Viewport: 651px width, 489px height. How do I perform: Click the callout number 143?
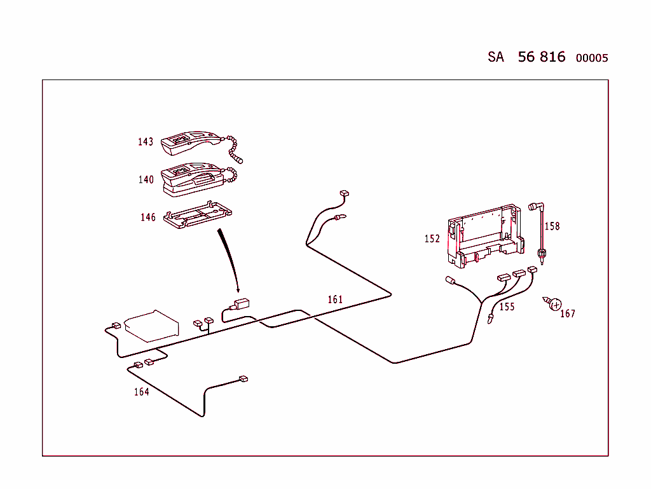pyautogui.click(x=146, y=142)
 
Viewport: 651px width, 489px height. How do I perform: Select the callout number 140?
pyautogui.click(x=146, y=180)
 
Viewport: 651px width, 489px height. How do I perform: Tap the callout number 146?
pyautogui.click(x=148, y=217)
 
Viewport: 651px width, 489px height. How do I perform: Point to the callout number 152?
pyautogui.click(x=432, y=239)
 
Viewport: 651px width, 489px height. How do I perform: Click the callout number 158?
pyautogui.click(x=552, y=226)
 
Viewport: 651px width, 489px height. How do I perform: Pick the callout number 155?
pyautogui.click(x=507, y=307)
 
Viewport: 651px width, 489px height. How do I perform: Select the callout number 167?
pyautogui.click(x=567, y=313)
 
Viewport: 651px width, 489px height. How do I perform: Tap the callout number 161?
pyautogui.click(x=335, y=300)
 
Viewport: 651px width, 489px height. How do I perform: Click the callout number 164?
pyautogui.click(x=141, y=392)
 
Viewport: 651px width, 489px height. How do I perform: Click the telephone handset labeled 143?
pyautogui.click(x=191, y=144)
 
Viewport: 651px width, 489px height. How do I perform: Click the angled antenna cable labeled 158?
pyautogui.click(x=540, y=232)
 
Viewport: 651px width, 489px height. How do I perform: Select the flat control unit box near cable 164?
pyautogui.click(x=153, y=325)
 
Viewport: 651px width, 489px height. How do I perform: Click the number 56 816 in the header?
pyautogui.click(x=541, y=57)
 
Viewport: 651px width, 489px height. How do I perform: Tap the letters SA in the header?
pyautogui.click(x=496, y=57)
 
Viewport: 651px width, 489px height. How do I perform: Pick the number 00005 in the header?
pyautogui.click(x=591, y=59)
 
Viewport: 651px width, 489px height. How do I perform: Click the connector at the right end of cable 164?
pyautogui.click(x=242, y=379)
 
